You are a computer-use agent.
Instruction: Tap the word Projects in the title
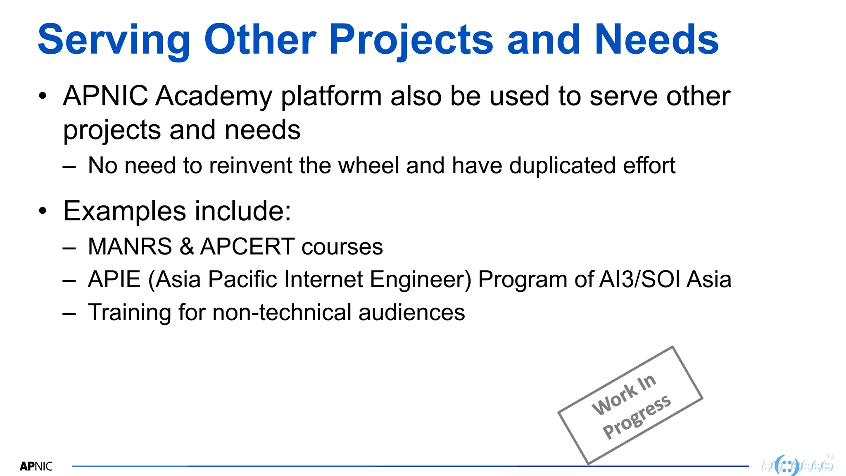pos(411,40)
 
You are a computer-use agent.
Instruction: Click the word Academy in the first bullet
pos(214,96)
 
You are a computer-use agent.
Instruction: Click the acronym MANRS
pos(130,247)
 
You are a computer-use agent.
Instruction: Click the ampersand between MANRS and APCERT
pos(187,247)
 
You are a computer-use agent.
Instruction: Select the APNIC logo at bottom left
pos(36,466)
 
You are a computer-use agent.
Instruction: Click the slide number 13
pos(830,456)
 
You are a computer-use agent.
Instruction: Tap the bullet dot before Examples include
pos(43,211)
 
